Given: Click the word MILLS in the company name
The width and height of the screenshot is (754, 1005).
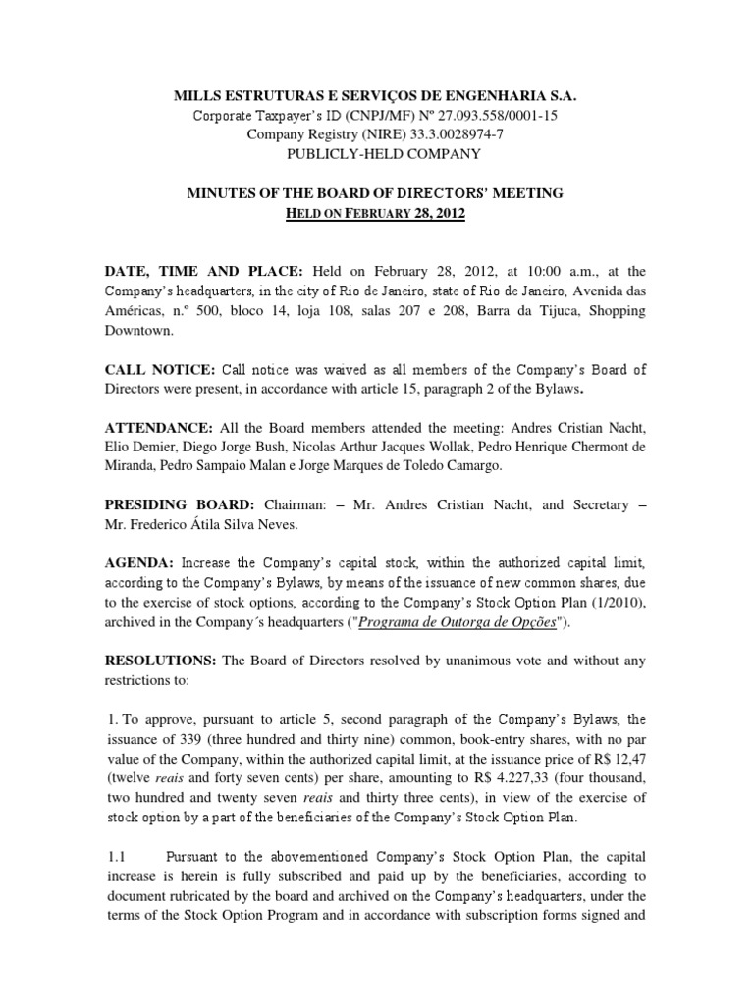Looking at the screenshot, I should (196, 97).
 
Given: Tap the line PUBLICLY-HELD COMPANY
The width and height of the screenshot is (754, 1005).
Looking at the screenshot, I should (376, 154).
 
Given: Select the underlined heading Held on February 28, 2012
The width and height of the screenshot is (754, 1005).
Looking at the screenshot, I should (377, 213).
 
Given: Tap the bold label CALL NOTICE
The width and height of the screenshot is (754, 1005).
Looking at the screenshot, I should (159, 369).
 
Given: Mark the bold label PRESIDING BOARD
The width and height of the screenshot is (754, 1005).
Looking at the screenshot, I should (180, 504).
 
